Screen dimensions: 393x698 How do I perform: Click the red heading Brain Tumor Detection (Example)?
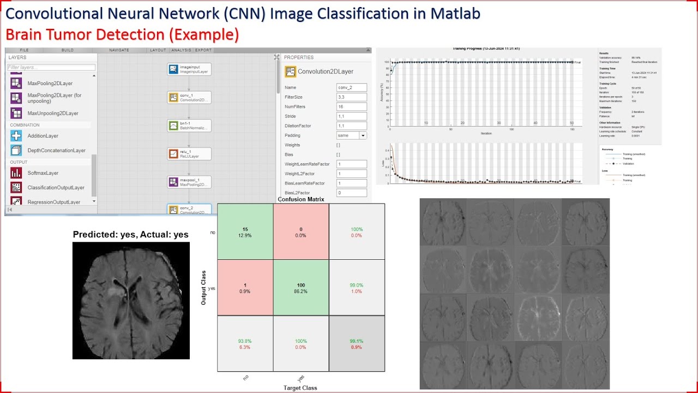[122, 35]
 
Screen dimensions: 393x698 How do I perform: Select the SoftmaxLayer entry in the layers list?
[43, 173]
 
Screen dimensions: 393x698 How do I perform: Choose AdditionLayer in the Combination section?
[43, 136]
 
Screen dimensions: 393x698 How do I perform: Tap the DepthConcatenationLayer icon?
[16, 150]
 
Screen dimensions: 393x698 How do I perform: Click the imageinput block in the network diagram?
[189, 69]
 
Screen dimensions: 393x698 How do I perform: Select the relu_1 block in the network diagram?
[189, 154]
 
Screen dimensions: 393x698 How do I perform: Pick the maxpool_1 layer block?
[189, 182]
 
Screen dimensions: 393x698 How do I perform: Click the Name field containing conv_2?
[351, 87]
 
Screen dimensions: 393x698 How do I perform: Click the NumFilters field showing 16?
[351, 106]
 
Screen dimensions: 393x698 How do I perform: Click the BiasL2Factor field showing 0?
[351, 193]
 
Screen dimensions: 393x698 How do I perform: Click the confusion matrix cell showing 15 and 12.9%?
[245, 231]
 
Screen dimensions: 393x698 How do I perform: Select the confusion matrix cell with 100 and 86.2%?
[301, 288]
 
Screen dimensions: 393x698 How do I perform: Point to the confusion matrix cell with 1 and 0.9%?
[245, 288]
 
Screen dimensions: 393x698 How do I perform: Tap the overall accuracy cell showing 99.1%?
[356, 344]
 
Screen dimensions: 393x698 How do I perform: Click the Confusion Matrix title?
[300, 199]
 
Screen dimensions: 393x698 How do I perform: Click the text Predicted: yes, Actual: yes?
[131, 235]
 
